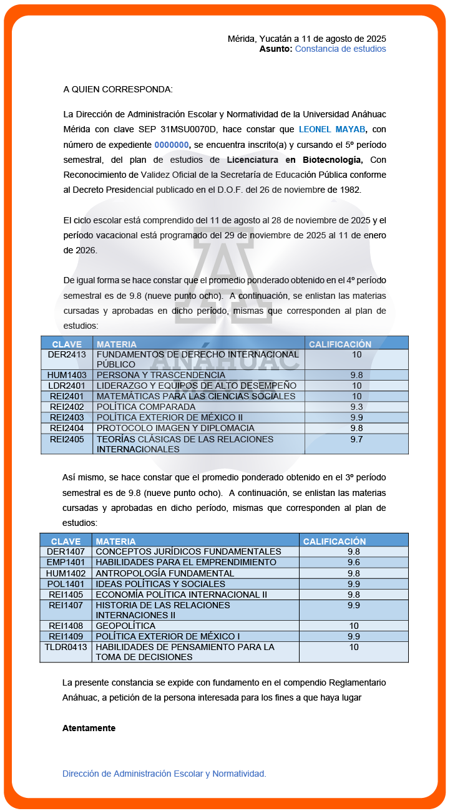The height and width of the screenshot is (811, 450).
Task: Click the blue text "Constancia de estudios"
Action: coord(340,49)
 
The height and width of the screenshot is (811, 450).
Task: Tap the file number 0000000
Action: coord(172,145)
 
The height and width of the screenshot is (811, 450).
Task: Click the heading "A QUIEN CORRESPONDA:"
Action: coord(118,89)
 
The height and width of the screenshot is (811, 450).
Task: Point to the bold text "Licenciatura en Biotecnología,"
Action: coord(295,160)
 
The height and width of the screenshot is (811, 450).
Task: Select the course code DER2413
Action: coord(67,354)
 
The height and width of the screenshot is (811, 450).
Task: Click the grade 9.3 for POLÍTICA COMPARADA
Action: coord(356,406)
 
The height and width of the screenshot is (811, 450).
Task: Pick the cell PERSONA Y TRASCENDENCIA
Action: coord(161,375)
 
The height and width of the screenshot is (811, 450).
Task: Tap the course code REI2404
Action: coord(67,428)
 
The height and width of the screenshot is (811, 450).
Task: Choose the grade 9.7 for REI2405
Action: coord(356,439)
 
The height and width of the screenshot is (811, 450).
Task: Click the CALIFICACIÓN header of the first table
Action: coord(340,344)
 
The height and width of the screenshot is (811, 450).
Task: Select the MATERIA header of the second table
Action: coord(115,541)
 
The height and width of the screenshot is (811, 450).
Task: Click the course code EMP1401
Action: coord(66,562)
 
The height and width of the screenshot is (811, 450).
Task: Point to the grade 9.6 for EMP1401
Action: coord(353,562)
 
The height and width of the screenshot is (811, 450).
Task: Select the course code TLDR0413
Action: coord(66,647)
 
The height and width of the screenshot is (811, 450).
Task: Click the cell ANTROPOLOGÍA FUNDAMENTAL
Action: coord(165,573)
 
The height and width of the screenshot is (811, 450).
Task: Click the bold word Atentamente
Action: coord(89,728)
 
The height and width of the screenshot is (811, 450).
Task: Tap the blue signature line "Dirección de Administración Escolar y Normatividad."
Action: coord(164,774)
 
